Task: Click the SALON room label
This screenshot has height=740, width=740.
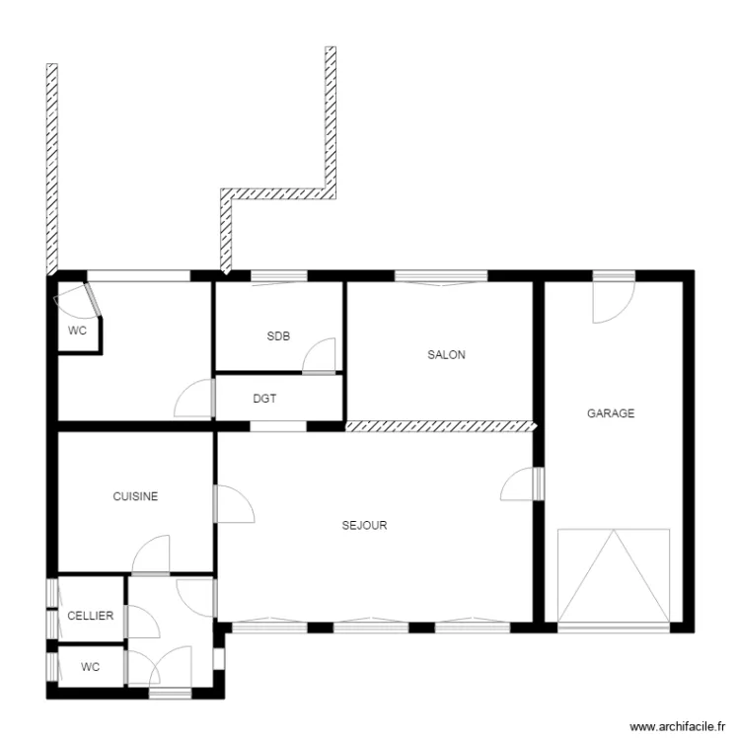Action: click(446, 355)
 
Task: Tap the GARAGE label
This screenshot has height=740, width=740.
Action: click(611, 413)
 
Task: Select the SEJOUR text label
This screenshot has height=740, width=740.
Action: click(364, 526)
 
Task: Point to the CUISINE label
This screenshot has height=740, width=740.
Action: click(135, 497)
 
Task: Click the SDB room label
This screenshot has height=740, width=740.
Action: click(278, 336)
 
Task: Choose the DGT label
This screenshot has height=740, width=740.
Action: click(264, 400)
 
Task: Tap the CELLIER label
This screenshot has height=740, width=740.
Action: click(90, 616)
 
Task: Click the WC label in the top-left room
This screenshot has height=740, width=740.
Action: click(77, 332)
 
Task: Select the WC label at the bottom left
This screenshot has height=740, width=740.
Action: click(90, 667)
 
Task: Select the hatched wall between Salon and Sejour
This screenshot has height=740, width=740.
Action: click(439, 427)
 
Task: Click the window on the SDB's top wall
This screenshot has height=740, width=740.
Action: click(278, 276)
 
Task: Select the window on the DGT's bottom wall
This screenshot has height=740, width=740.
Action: click(277, 427)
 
